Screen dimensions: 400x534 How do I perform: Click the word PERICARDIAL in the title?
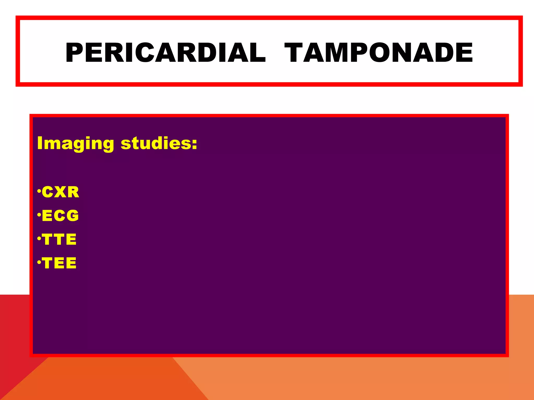(x=165, y=53)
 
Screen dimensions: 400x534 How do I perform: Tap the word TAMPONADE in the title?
(x=378, y=53)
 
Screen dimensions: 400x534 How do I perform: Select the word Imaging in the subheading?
(x=76, y=143)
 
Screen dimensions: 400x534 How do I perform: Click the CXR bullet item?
(x=60, y=192)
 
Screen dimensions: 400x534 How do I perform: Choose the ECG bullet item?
(x=60, y=216)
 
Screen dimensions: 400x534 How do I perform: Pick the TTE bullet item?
(x=59, y=239)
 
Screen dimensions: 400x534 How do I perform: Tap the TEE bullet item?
(x=59, y=263)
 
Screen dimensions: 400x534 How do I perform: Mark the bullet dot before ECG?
(x=39, y=215)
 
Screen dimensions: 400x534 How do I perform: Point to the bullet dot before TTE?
(x=39, y=238)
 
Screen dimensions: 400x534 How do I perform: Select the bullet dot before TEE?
(x=39, y=262)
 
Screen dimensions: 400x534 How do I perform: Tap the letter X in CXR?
(x=60, y=192)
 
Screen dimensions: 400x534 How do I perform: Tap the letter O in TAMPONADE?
(x=381, y=53)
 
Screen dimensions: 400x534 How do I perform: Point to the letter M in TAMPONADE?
(x=334, y=53)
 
